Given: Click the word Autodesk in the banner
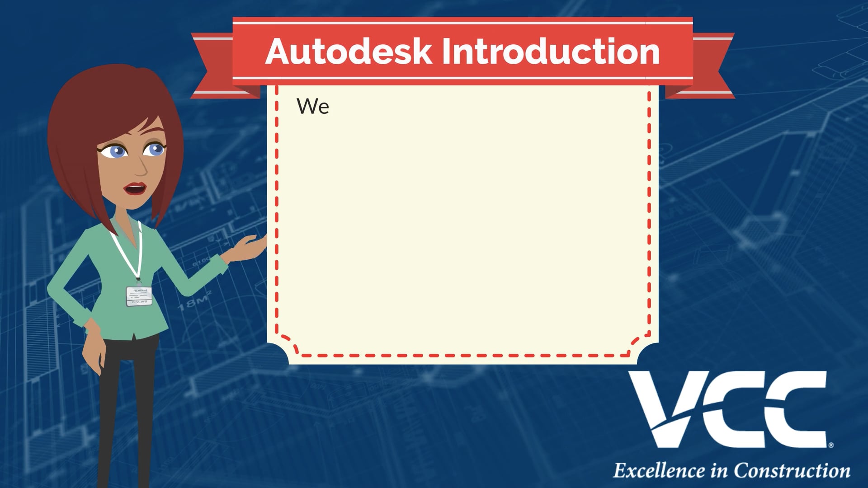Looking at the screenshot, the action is tap(349, 51).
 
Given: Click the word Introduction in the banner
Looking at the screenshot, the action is tap(551, 51).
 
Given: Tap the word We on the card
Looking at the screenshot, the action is tap(313, 106).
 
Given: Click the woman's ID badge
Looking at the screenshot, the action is tap(139, 296).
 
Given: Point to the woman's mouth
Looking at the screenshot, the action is tap(136, 188).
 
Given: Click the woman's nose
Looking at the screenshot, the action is tap(141, 167).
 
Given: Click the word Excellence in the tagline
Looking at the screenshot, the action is tap(659, 471).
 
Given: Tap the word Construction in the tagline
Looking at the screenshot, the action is tap(792, 471).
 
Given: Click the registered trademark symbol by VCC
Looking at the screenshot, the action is tap(831, 445).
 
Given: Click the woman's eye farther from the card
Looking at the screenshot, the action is tap(115, 151).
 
